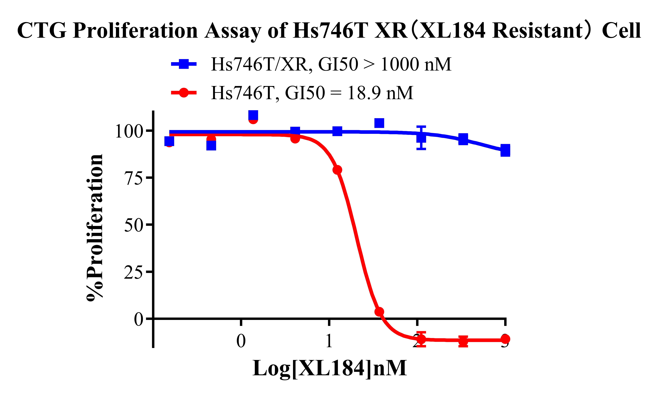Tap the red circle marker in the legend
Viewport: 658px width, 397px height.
coord(184,93)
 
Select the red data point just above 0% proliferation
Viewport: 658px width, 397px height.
coord(379,312)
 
